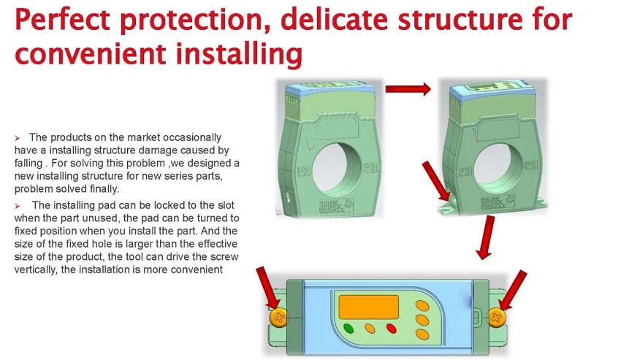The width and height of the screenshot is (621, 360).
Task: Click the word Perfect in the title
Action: pyautogui.click(x=62, y=19)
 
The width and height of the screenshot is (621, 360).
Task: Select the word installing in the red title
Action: pyautogui.click(x=239, y=54)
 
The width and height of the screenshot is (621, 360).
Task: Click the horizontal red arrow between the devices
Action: pyautogui.click(x=408, y=88)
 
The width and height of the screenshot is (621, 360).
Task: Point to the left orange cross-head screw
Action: pyautogui.click(x=279, y=317)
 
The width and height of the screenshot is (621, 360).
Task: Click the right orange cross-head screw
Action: pyautogui.click(x=496, y=317)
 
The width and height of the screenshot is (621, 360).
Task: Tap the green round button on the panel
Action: pyautogui.click(x=348, y=329)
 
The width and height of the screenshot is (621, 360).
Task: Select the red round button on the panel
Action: pyautogui.click(x=392, y=329)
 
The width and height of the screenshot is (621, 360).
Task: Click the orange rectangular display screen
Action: pyautogui.click(x=368, y=307)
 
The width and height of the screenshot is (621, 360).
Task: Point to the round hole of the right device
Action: pyautogui.click(x=498, y=169)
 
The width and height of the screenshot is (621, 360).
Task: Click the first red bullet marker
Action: pyautogui.click(x=18, y=138)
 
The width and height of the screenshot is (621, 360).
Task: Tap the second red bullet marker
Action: pyautogui.click(x=18, y=206)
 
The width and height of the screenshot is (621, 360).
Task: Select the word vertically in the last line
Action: pyautogui.click(x=34, y=269)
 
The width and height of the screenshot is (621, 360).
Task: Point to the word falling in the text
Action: pyautogui.click(x=28, y=163)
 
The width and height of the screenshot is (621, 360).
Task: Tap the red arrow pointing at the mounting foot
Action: pyautogui.click(x=436, y=180)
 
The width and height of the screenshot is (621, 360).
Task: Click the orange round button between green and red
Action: pyautogui.click(x=370, y=329)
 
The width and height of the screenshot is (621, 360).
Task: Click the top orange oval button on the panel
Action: pyautogui.click(x=422, y=306)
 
